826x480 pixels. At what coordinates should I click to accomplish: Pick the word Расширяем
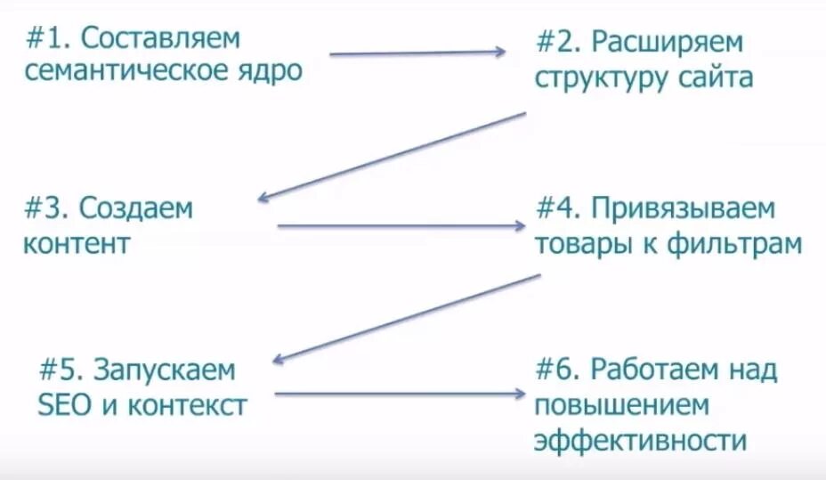coord(668,43)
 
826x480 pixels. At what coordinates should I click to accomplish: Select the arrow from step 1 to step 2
coord(417,53)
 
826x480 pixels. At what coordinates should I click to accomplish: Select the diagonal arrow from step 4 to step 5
coord(406,317)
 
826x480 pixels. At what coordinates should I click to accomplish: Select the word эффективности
coord(639,440)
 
